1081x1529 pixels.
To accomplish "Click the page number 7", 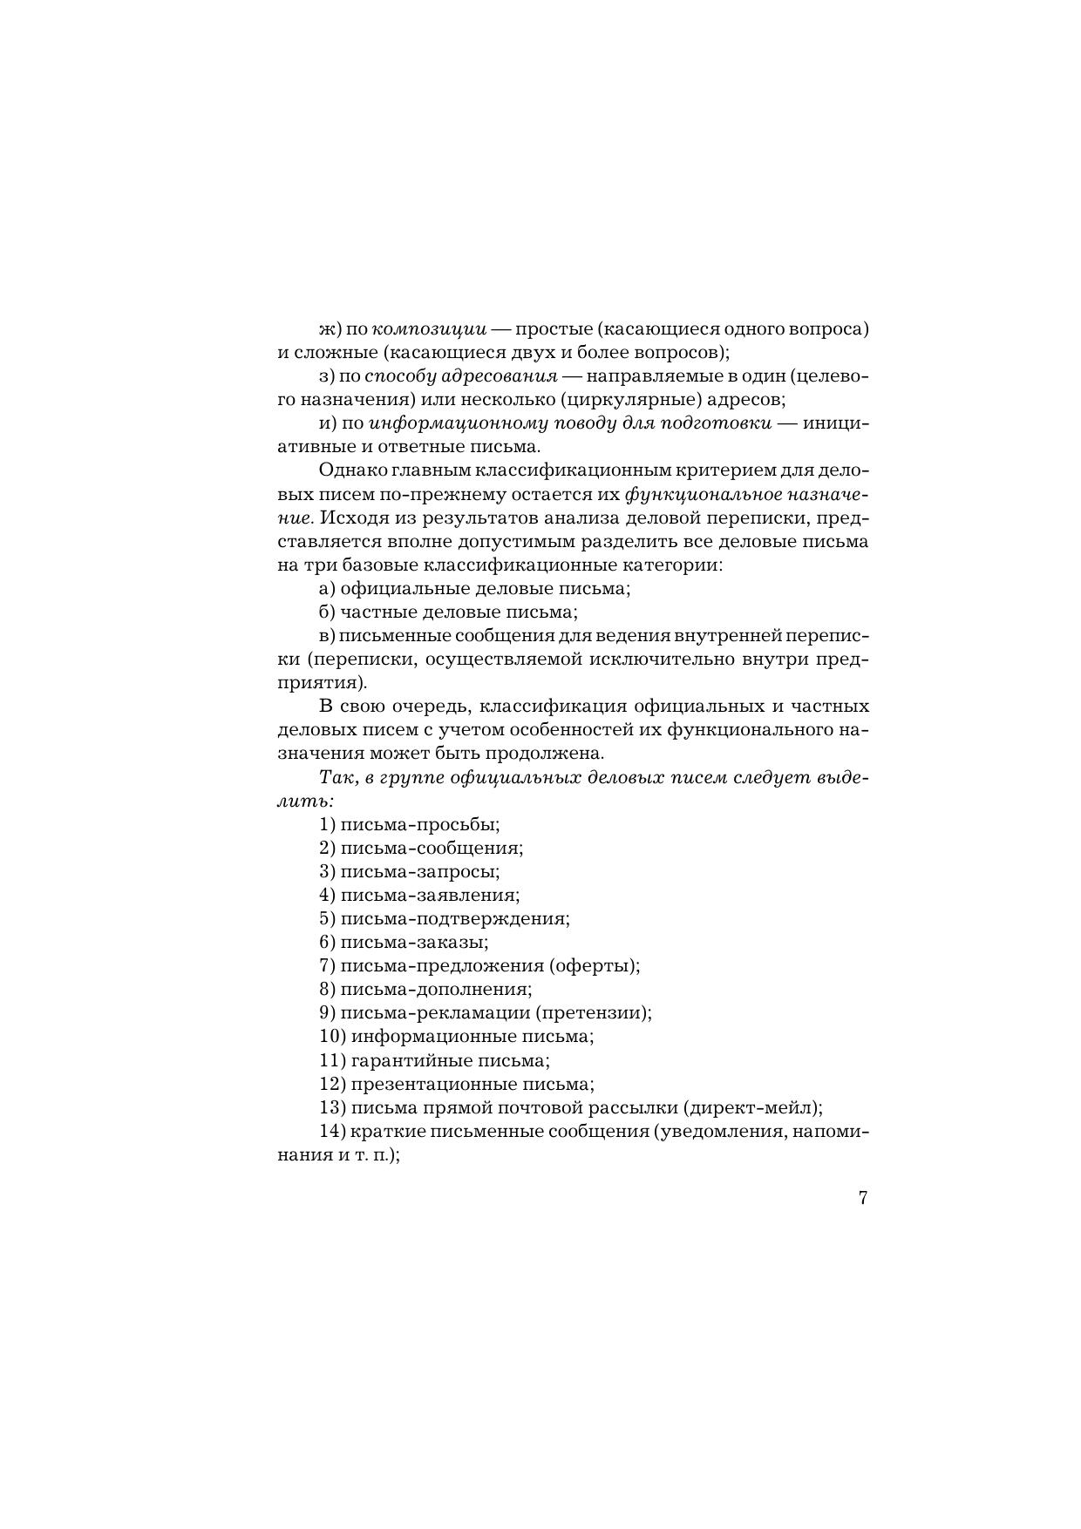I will pyautogui.click(x=862, y=1198).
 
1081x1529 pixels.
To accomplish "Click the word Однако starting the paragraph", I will pyautogui.click(x=350, y=470).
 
